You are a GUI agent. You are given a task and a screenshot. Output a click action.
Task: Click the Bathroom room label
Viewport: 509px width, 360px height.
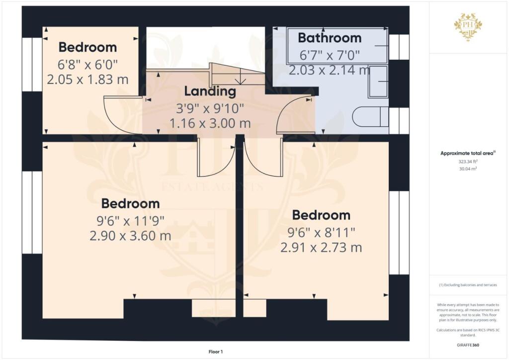pyautogui.click(x=330, y=38)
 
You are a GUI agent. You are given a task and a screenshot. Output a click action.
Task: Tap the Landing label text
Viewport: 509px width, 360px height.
pyautogui.click(x=209, y=91)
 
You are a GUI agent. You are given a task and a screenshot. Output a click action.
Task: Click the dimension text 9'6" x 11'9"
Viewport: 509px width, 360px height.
pyautogui.click(x=130, y=220)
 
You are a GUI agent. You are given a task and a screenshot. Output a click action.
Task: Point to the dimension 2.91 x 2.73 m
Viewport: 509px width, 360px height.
pyautogui.click(x=321, y=247)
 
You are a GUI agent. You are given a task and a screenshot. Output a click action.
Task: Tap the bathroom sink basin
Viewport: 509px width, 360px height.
pyautogui.click(x=378, y=82)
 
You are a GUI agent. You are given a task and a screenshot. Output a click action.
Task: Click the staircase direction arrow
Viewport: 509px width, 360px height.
pyautogui.click(x=240, y=77)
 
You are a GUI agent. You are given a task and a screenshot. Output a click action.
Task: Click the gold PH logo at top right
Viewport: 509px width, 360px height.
pyautogui.click(x=468, y=26)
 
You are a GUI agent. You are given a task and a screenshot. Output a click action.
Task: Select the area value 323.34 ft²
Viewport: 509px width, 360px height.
pyautogui.click(x=468, y=162)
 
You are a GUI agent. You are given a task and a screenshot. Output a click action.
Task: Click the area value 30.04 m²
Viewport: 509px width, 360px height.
pyautogui.click(x=468, y=169)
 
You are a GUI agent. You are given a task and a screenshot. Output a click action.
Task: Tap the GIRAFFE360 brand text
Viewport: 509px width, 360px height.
pyautogui.click(x=468, y=345)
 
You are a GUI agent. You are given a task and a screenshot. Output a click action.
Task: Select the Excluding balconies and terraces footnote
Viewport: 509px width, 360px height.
pyautogui.click(x=468, y=285)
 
